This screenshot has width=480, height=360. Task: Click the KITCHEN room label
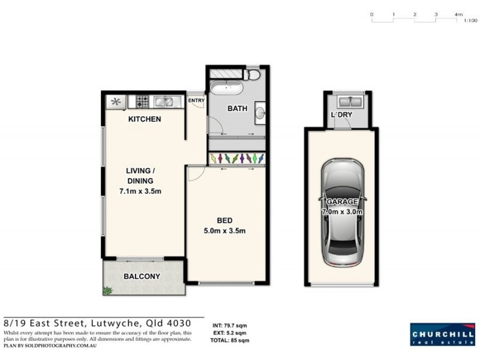145,119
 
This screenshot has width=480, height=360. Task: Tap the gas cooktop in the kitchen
142,101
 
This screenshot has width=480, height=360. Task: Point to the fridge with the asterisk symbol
115,101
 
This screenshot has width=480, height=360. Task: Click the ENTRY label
196,101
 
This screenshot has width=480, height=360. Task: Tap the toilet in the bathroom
253,75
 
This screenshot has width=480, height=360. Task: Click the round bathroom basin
260,111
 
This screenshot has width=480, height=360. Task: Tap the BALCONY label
142,277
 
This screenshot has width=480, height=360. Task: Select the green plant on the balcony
108,291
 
